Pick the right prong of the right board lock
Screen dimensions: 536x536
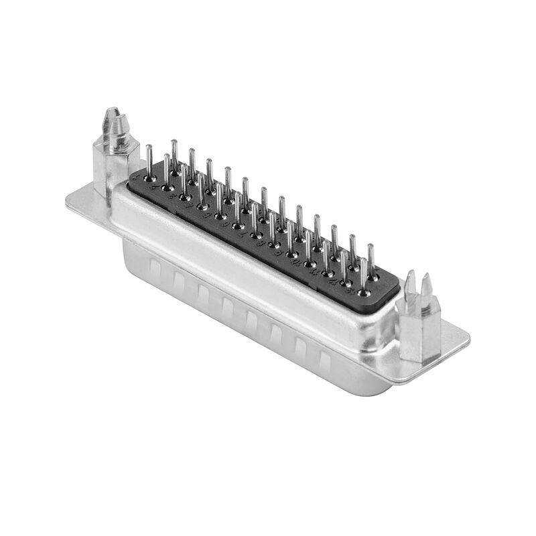pyautogui.click(x=427, y=285)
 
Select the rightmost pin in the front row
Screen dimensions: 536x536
pyautogui.click(x=363, y=278)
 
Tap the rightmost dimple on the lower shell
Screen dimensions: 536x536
pyautogui.click(x=324, y=362)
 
